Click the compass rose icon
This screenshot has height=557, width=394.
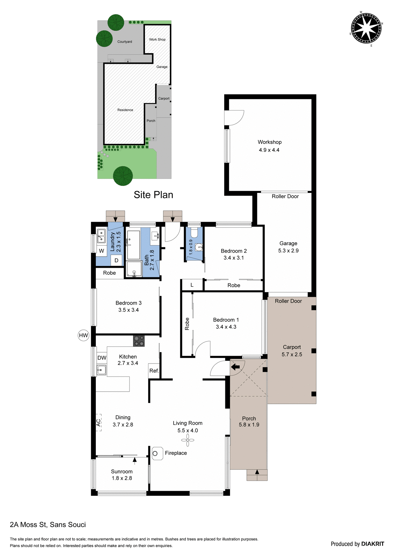click(x=366, y=28)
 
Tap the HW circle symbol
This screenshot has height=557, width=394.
click(x=83, y=335)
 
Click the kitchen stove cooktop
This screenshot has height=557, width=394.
click(x=139, y=341)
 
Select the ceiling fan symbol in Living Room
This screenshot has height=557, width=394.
click(x=188, y=440)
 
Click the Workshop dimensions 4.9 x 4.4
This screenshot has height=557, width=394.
click(x=269, y=150)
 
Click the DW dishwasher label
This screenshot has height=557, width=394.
click(x=102, y=358)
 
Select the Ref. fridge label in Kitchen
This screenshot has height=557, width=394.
click(x=154, y=371)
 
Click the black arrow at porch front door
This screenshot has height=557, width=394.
click(x=235, y=367)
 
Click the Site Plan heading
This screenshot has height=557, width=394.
click(x=153, y=195)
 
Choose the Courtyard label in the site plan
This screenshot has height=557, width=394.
click(x=125, y=42)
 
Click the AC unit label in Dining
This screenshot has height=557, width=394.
click(x=99, y=422)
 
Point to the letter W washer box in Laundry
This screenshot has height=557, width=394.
click(x=102, y=251)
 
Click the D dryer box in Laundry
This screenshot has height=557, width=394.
click(x=116, y=260)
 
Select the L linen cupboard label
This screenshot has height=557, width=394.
click(x=192, y=285)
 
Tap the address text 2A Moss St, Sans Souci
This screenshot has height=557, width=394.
click(x=48, y=525)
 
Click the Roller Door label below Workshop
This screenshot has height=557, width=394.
click(x=285, y=196)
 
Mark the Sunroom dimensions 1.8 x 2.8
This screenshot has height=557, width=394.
click(x=122, y=478)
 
